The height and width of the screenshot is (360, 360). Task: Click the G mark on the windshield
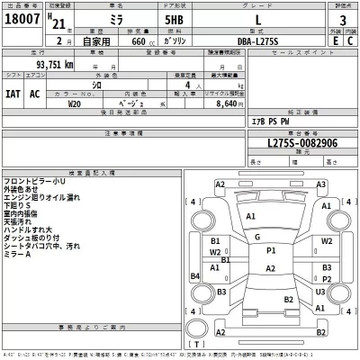point(258,237)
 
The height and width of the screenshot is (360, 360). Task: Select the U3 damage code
point(319,292)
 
